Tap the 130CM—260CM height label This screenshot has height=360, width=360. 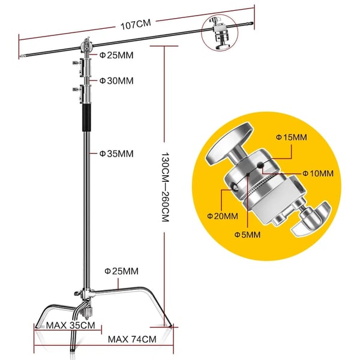click(x=166, y=187)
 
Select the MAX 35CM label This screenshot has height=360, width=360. click(x=70, y=325)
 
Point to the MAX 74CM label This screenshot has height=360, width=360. click(x=132, y=339)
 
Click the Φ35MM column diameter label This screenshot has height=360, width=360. click(x=116, y=154)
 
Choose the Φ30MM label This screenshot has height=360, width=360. click(x=116, y=81)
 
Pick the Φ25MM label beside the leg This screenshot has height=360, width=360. click(x=121, y=271)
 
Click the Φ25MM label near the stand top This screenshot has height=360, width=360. click(x=116, y=55)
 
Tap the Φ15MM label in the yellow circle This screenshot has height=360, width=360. click(x=292, y=137)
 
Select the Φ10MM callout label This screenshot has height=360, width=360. click(x=318, y=173)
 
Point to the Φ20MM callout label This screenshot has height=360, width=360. click(x=223, y=216)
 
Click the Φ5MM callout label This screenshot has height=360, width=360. click(x=247, y=235)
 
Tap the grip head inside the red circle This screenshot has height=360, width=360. click(x=220, y=32)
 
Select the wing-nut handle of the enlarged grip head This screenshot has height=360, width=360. click(x=311, y=219)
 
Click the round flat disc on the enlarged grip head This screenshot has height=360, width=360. click(x=229, y=143)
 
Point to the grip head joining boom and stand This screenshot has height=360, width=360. click(x=86, y=47)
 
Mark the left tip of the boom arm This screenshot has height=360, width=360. click(x=20, y=56)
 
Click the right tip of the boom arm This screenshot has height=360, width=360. click(x=253, y=23)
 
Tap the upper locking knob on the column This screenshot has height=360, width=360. click(x=77, y=62)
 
